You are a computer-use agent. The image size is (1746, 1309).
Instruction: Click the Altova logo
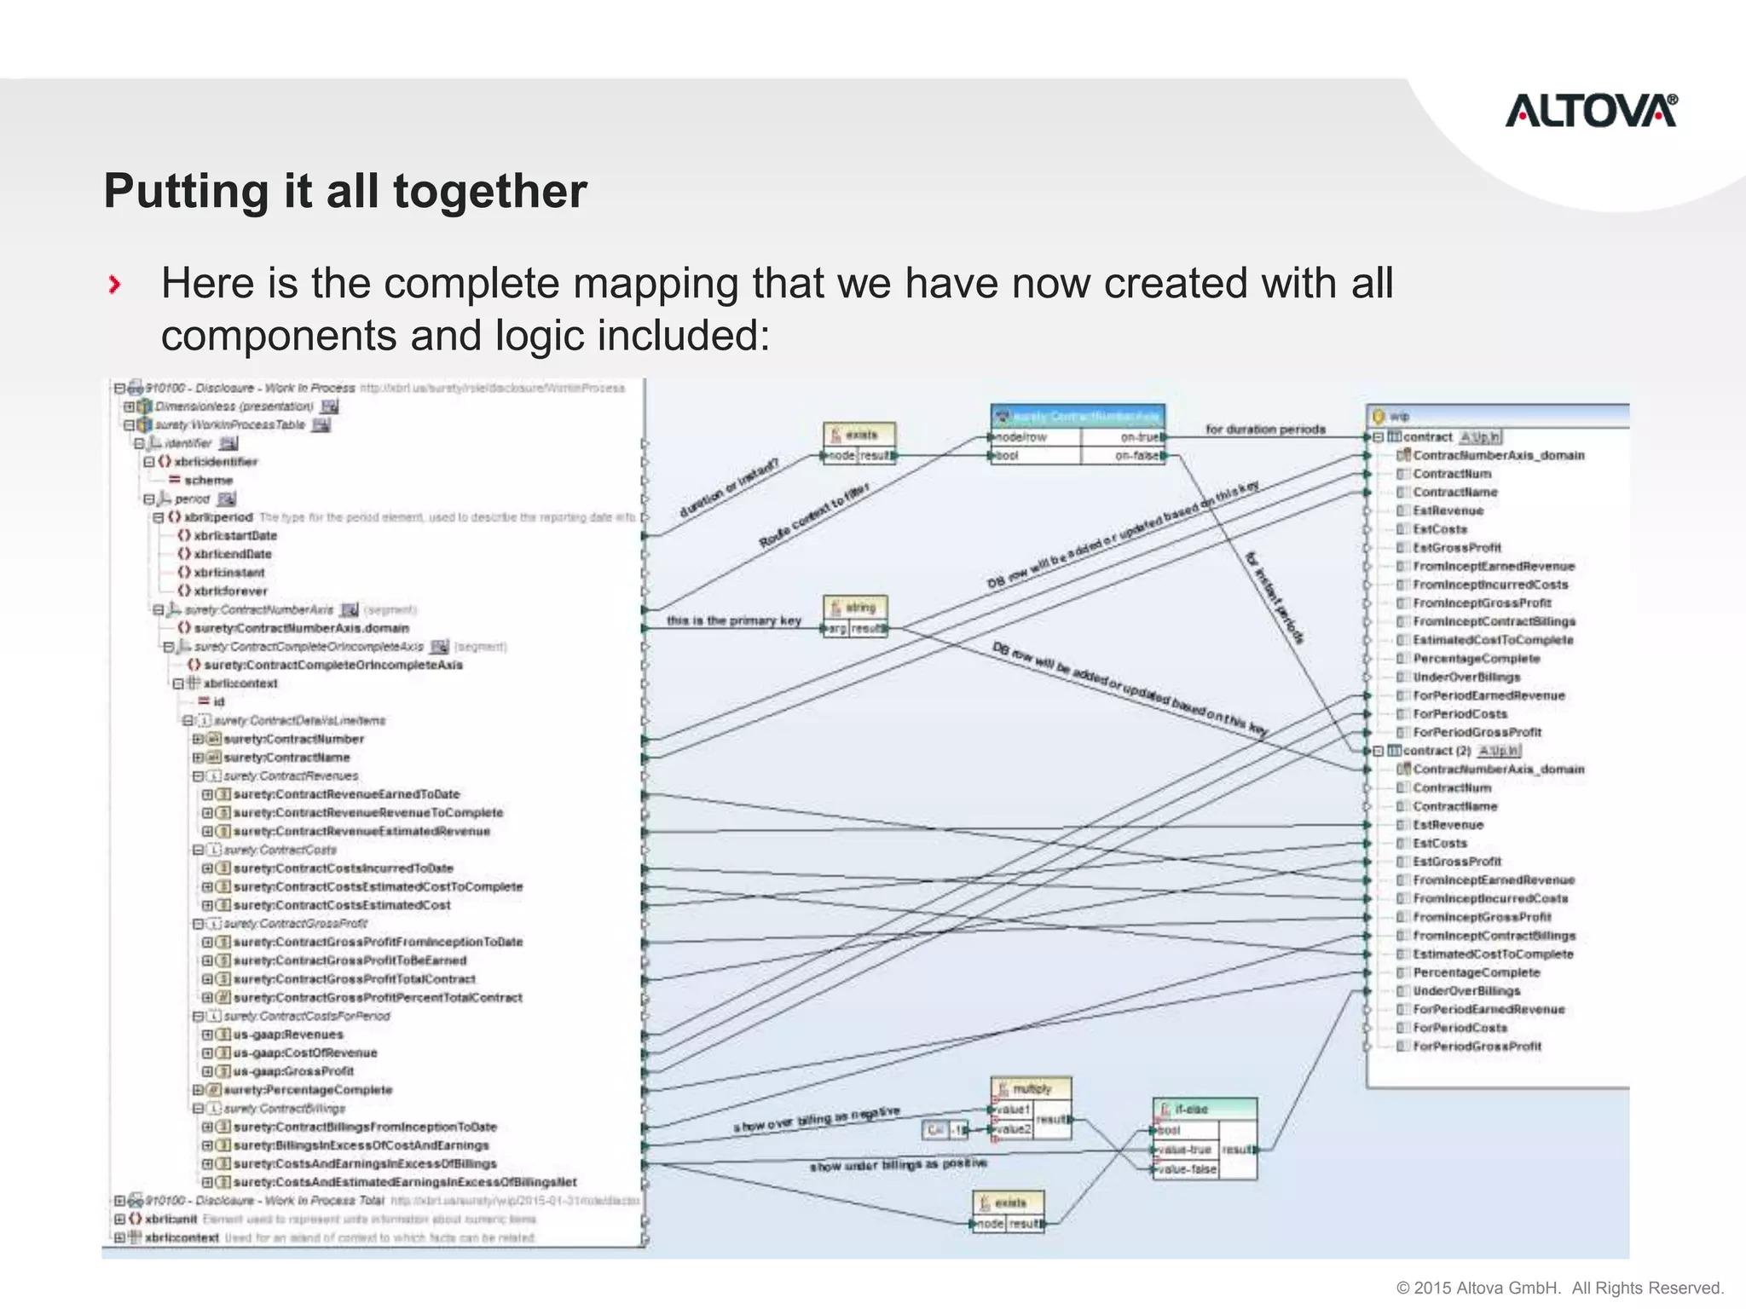point(1591,112)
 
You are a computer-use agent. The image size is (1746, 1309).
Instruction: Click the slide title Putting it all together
point(345,191)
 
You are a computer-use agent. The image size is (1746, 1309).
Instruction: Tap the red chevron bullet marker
point(115,285)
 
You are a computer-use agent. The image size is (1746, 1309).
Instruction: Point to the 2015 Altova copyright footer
point(1559,1287)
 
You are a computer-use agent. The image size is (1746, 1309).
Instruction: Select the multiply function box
point(1031,1089)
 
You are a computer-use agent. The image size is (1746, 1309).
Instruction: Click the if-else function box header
point(1204,1109)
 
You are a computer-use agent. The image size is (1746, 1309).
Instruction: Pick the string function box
point(856,608)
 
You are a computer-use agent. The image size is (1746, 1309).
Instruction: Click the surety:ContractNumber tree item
point(293,739)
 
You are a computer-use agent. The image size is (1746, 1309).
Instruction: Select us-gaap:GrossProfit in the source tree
point(293,1071)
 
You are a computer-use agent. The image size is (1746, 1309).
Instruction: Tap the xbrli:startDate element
point(234,535)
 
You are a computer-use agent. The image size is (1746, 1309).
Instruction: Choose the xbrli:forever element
point(230,591)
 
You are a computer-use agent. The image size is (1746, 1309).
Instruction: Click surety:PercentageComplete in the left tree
point(308,1090)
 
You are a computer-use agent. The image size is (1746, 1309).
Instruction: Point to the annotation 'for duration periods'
point(1265,430)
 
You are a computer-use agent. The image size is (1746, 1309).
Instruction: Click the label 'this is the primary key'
point(733,620)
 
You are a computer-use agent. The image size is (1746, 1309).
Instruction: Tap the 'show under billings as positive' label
point(898,1164)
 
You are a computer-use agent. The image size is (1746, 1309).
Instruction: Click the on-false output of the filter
point(1137,456)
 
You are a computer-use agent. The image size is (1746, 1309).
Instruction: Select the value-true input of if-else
point(1186,1150)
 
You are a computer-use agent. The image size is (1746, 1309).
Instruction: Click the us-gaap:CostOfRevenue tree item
point(304,1053)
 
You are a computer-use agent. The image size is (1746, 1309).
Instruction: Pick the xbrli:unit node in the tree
point(171,1219)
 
